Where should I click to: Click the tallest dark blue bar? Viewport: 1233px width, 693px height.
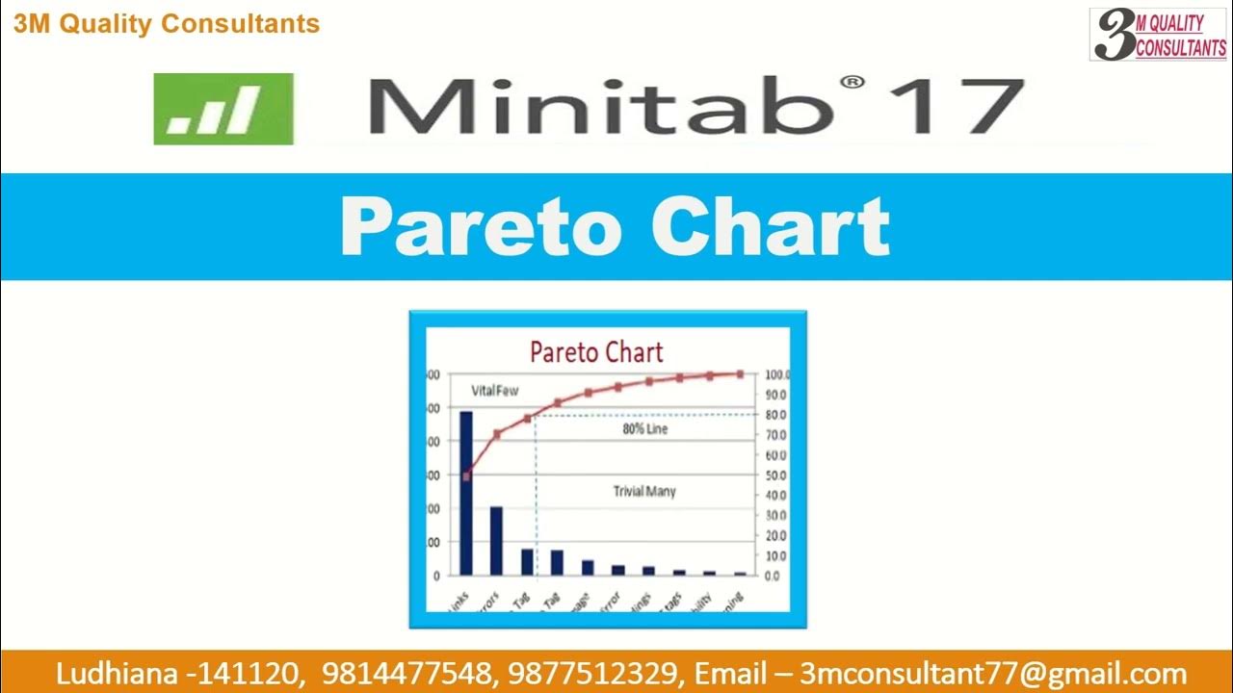tap(466, 493)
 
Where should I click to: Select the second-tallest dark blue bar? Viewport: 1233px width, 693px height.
tap(496, 540)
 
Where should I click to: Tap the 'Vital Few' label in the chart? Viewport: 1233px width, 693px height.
tap(494, 391)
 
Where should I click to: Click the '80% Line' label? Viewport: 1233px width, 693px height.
tap(644, 429)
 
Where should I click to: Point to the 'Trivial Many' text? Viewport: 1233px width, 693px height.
tap(644, 492)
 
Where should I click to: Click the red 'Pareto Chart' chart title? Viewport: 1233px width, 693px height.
tap(596, 352)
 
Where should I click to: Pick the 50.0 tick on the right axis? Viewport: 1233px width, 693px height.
tap(776, 475)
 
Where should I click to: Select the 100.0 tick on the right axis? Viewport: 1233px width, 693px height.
tap(777, 374)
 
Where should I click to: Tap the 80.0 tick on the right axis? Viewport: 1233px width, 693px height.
tap(776, 415)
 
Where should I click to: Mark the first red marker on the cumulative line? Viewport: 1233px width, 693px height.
tap(467, 475)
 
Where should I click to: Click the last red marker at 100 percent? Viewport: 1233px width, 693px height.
tap(740, 373)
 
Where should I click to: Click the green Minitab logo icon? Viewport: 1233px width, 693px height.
tap(223, 109)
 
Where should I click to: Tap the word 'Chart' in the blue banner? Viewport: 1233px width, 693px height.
tap(770, 227)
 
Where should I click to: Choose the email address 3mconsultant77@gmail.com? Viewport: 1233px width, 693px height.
tap(993, 674)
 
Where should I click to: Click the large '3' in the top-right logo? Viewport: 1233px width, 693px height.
tap(1115, 36)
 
